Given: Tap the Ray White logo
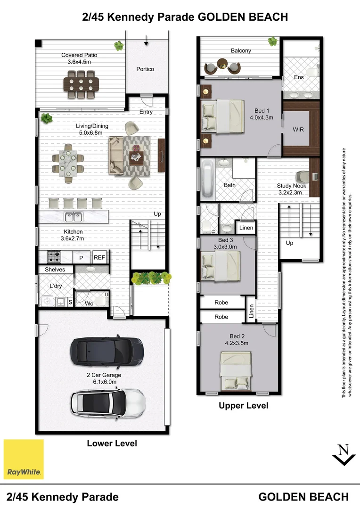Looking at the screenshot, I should point(24,459).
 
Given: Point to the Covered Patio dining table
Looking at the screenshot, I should point(81,85).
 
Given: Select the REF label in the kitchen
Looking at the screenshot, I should point(99,257).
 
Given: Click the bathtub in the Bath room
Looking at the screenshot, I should point(208,179).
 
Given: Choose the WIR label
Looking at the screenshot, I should point(298,129).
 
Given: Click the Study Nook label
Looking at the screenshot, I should point(291,186).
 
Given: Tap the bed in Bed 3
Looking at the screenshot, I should point(221,265).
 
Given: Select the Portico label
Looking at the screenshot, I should point(145,69).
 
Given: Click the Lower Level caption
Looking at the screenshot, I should point(112,443).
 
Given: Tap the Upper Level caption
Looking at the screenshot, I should point(243,405).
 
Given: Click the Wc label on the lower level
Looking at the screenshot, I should point(89,304).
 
